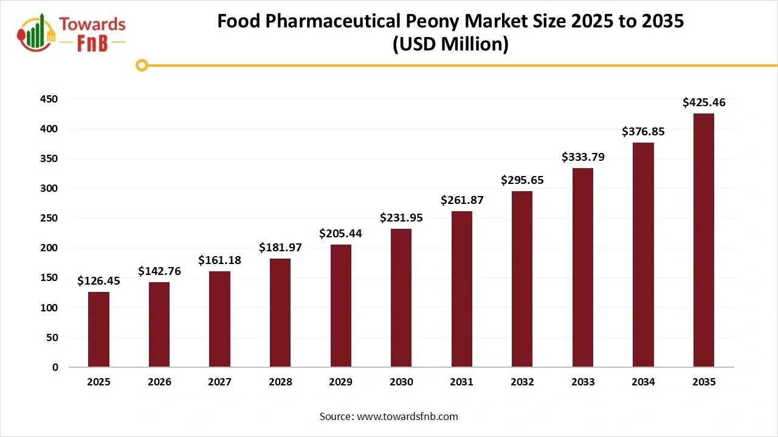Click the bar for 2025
pyautogui.click(x=98, y=330)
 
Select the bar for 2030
pyautogui.click(x=401, y=298)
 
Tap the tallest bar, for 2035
pyautogui.click(x=704, y=240)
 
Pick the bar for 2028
pyautogui.click(x=280, y=313)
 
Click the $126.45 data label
pyautogui.click(x=98, y=281)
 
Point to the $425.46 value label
pyautogui.click(x=704, y=103)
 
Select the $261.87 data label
pyautogui.click(x=461, y=200)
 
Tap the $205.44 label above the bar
pyautogui.click(x=340, y=234)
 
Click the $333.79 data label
pyautogui.click(x=583, y=157)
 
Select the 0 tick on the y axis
pyautogui.click(x=55, y=367)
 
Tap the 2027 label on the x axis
pyautogui.click(x=219, y=382)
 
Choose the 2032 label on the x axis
pyautogui.click(x=522, y=382)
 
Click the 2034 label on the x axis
pyautogui.click(x=643, y=382)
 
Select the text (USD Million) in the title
pyautogui.click(x=450, y=44)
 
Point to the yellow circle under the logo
pyautogui.click(x=142, y=66)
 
